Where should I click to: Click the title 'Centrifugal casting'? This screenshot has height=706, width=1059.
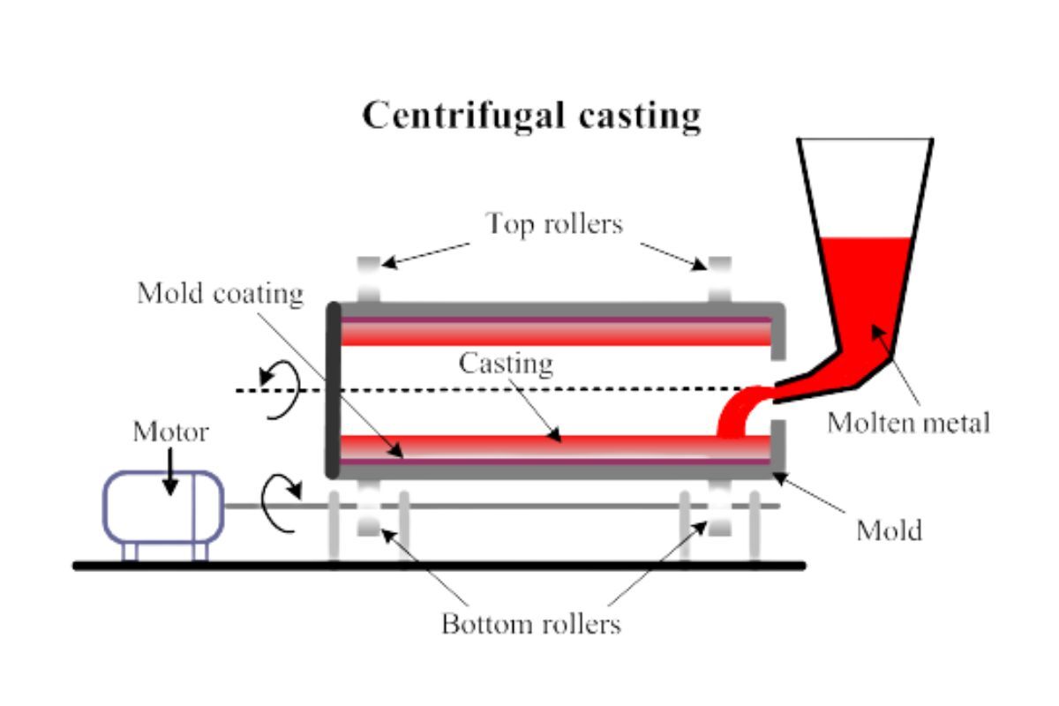pyautogui.click(x=532, y=116)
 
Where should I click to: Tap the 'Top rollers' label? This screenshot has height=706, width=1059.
pyautogui.click(x=553, y=224)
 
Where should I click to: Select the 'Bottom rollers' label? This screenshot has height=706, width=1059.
pyautogui.click(x=531, y=625)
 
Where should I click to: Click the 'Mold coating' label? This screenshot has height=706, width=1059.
pyautogui.click(x=220, y=293)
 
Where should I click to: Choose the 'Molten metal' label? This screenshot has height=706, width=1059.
pyautogui.click(x=908, y=423)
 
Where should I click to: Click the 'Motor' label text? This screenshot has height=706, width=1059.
pyautogui.click(x=170, y=432)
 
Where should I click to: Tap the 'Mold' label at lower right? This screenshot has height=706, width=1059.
pyautogui.click(x=890, y=530)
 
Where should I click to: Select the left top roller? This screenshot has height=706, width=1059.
pyautogui.click(x=369, y=279)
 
